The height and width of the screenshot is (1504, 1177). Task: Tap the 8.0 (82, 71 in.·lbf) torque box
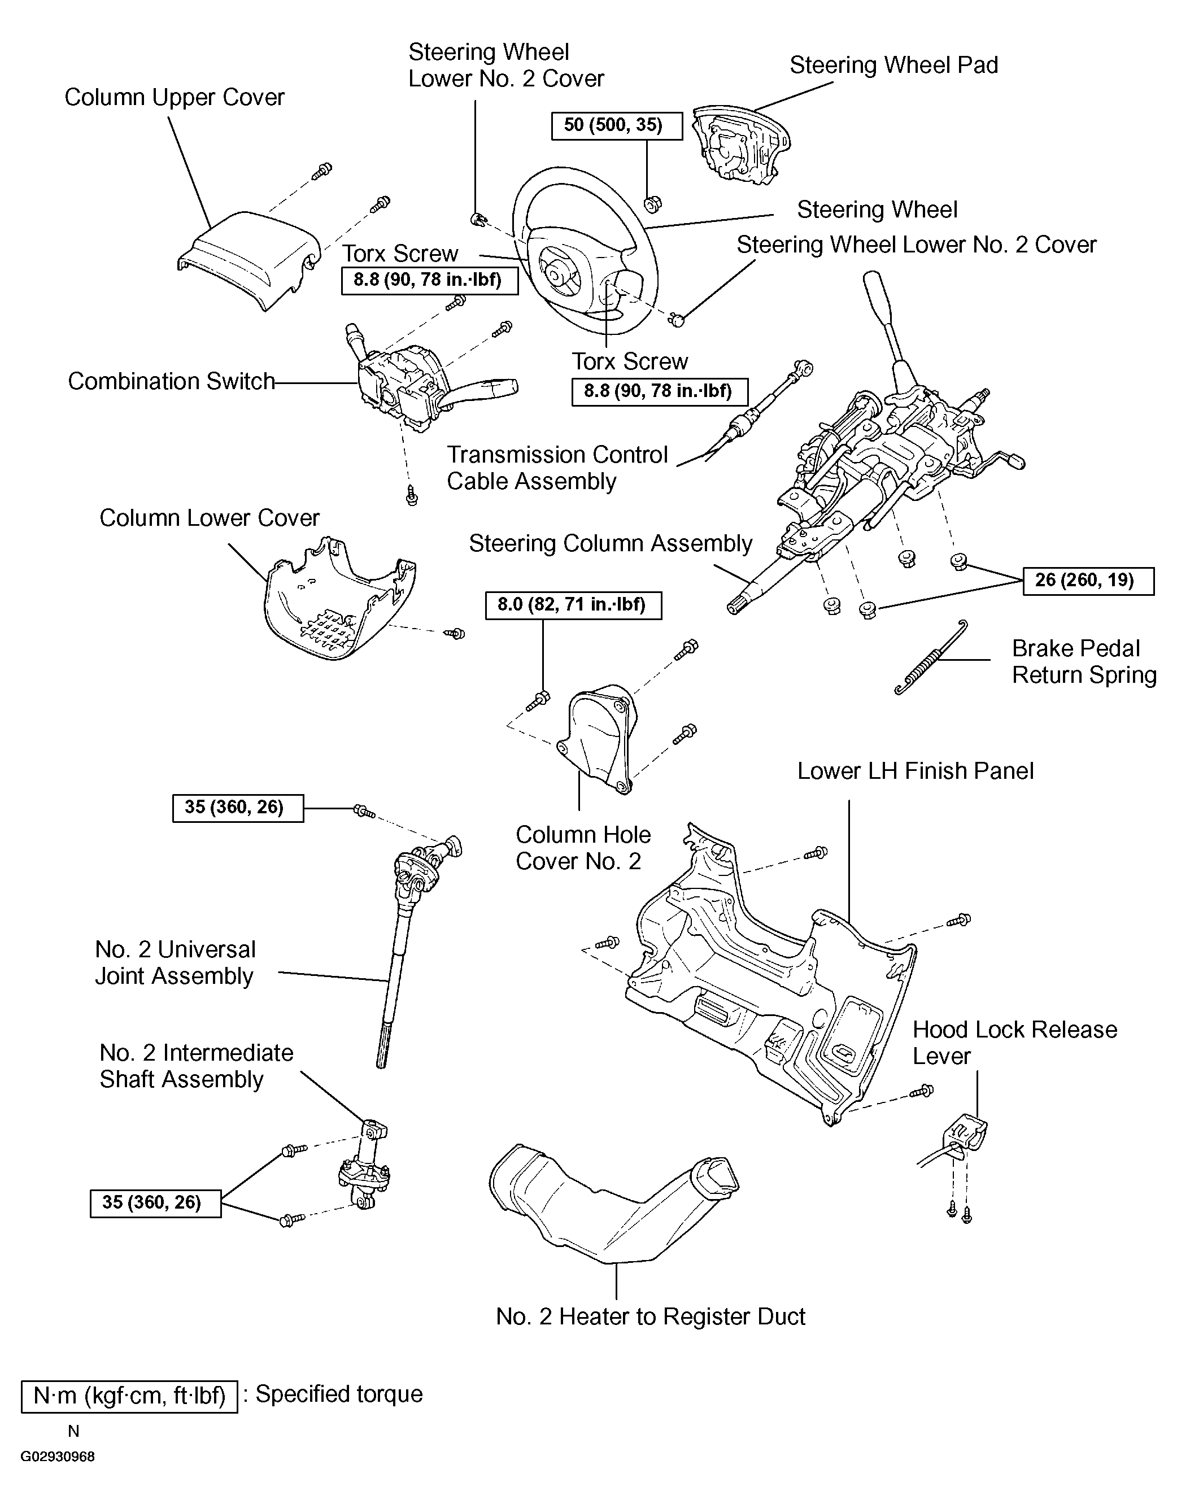coord(573,605)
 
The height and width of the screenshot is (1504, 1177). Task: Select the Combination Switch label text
coord(171,381)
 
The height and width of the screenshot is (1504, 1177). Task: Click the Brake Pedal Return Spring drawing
coord(930,657)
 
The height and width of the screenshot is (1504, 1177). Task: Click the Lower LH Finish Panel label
coord(915,771)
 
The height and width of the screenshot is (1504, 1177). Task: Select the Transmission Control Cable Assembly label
coord(557,468)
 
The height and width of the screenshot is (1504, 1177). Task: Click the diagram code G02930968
coord(57,1457)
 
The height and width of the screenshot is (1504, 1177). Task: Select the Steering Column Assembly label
coord(611,543)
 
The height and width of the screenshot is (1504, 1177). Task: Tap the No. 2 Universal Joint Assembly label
coord(175,962)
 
